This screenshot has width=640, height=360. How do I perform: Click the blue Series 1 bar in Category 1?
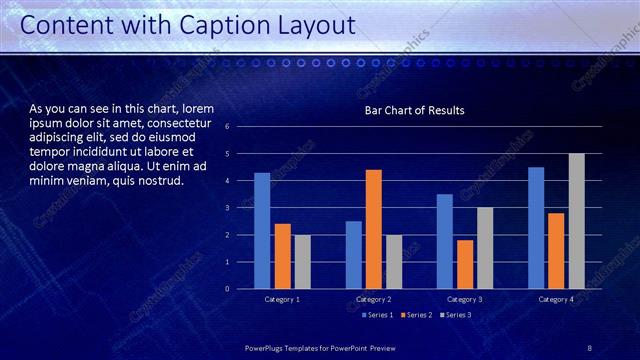point(262,230)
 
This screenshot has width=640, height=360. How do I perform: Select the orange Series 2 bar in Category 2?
point(373,229)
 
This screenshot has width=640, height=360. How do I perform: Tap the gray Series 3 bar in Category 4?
point(576,221)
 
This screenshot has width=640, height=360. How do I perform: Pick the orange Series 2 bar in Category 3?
point(465,264)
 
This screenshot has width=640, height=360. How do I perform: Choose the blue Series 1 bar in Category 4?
point(536,227)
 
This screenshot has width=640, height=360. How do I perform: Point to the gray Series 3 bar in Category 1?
point(302,261)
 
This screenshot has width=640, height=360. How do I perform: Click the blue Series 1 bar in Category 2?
point(353,254)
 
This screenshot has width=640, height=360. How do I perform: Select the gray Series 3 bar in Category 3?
point(485,248)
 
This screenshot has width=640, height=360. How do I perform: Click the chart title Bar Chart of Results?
point(414,110)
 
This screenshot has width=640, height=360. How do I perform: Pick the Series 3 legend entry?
point(456,315)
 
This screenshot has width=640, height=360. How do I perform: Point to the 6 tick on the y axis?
point(228,127)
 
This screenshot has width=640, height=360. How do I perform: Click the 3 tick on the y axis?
point(228,208)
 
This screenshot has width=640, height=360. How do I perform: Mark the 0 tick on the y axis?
point(228,289)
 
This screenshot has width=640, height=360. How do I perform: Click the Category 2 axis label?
point(373,299)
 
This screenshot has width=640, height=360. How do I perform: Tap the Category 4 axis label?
point(556,299)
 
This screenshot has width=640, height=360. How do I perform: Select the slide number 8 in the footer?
point(589,347)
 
